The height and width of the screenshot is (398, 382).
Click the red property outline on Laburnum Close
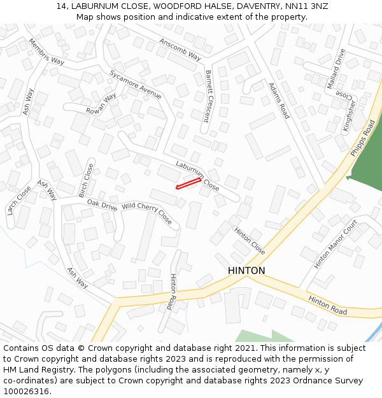click(188, 183)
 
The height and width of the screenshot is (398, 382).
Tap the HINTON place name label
click(246, 271)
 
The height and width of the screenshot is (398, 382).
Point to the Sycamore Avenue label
click(135, 84)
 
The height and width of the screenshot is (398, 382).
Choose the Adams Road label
click(279, 101)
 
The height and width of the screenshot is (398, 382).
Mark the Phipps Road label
click(363, 139)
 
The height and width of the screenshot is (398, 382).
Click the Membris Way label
click(46, 52)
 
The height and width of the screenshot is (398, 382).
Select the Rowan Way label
click(101, 104)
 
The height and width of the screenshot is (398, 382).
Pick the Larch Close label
click(18, 200)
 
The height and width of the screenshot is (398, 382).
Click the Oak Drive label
click(102, 204)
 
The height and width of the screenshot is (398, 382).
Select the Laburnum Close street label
click(197, 176)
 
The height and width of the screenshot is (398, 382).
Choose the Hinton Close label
click(249, 241)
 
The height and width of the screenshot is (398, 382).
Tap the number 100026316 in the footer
click(25, 391)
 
